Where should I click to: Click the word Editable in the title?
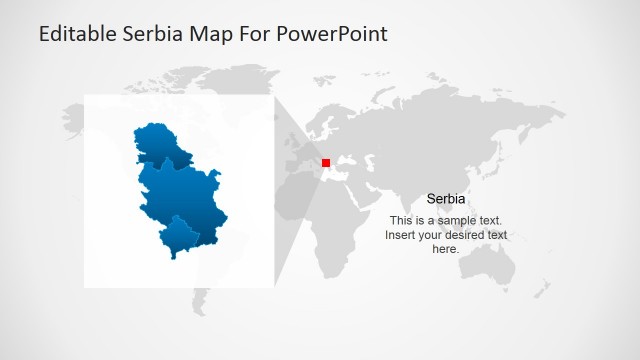point(76,34)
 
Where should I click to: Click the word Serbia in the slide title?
point(151,34)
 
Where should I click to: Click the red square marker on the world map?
point(326,162)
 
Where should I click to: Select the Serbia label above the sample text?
point(446,199)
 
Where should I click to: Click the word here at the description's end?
point(446,249)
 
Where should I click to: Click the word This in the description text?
point(401,220)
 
